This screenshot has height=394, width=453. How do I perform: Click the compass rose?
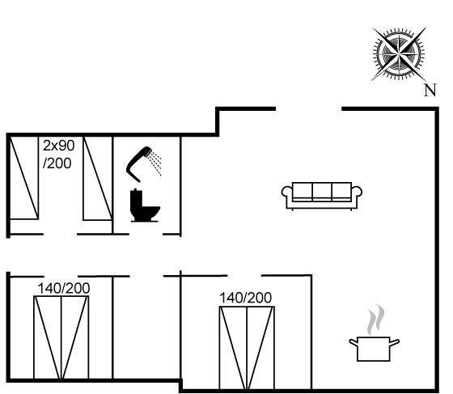[399, 54]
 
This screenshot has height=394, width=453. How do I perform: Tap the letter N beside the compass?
[430, 90]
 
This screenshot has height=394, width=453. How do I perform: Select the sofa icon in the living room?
[322, 196]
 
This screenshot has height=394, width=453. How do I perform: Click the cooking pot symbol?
[374, 349]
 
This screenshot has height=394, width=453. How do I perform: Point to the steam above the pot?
[376, 320]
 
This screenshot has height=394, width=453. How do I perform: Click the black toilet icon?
[145, 205]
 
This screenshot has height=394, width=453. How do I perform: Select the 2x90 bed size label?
[58, 146]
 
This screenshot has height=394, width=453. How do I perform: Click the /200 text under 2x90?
[57, 163]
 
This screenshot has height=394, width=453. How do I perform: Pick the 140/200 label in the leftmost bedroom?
[64, 288]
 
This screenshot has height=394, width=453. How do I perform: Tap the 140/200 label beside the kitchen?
[246, 298]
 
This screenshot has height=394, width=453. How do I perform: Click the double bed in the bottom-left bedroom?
[61, 337]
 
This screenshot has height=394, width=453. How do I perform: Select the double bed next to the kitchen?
[247, 348]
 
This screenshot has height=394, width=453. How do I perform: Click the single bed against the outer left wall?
[24, 178]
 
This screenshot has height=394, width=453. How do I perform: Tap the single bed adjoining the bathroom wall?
[98, 179]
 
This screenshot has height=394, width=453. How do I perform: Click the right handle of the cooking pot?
[395, 342]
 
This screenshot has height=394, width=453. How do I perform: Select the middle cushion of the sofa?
[322, 191]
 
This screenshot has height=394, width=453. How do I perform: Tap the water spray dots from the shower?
[155, 163]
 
